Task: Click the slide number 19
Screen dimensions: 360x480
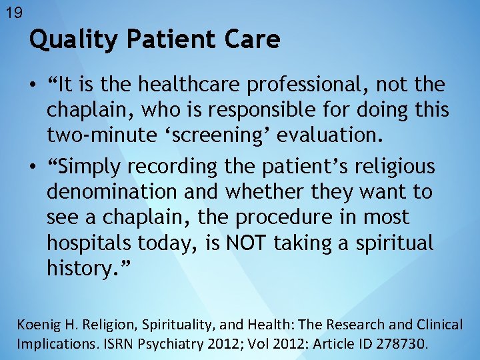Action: [x=13, y=12]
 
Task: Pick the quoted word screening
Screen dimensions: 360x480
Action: [x=218, y=136]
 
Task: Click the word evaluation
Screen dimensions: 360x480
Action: [x=329, y=136]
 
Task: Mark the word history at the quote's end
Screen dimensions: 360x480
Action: [x=81, y=268]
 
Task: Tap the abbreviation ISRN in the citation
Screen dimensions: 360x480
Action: [x=112, y=345]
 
